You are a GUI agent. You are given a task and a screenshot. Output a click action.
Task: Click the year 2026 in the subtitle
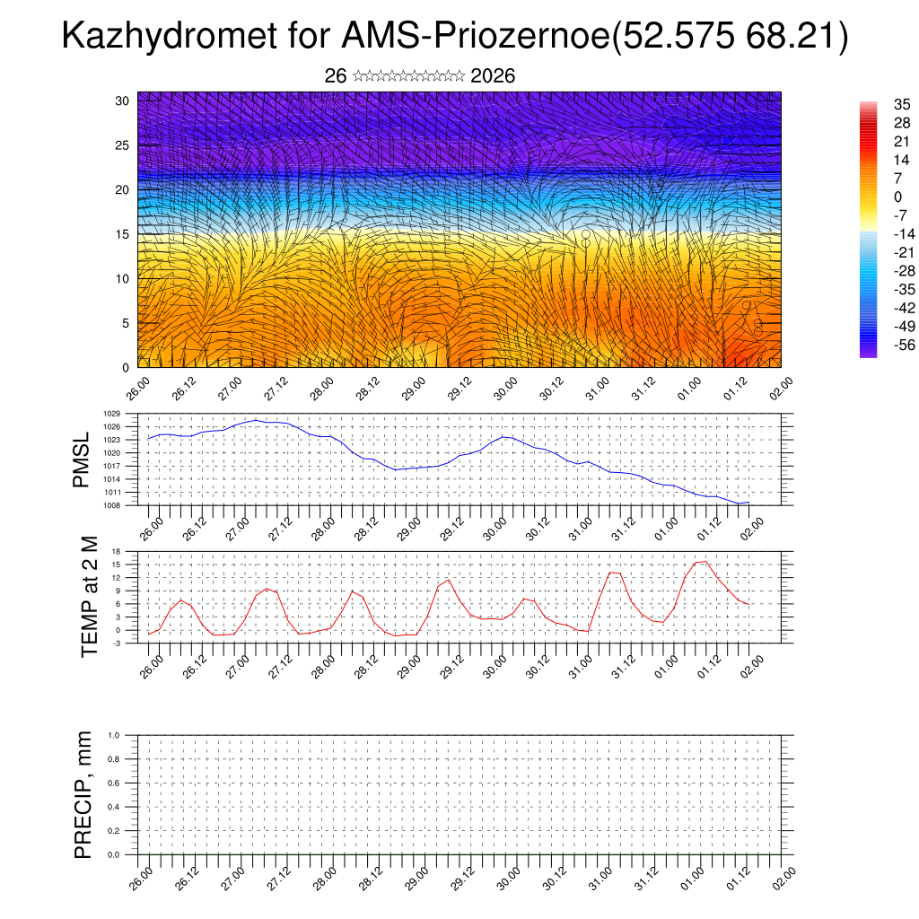click(x=493, y=76)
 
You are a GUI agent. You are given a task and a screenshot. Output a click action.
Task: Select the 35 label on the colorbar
click(x=878, y=106)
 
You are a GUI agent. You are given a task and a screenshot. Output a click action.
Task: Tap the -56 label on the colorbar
click(x=880, y=344)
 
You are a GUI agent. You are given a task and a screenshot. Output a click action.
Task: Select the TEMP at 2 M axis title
click(x=89, y=598)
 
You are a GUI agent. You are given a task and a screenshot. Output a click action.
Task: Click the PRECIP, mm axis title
click(x=83, y=795)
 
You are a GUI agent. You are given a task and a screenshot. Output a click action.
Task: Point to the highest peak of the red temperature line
click(x=705, y=561)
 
